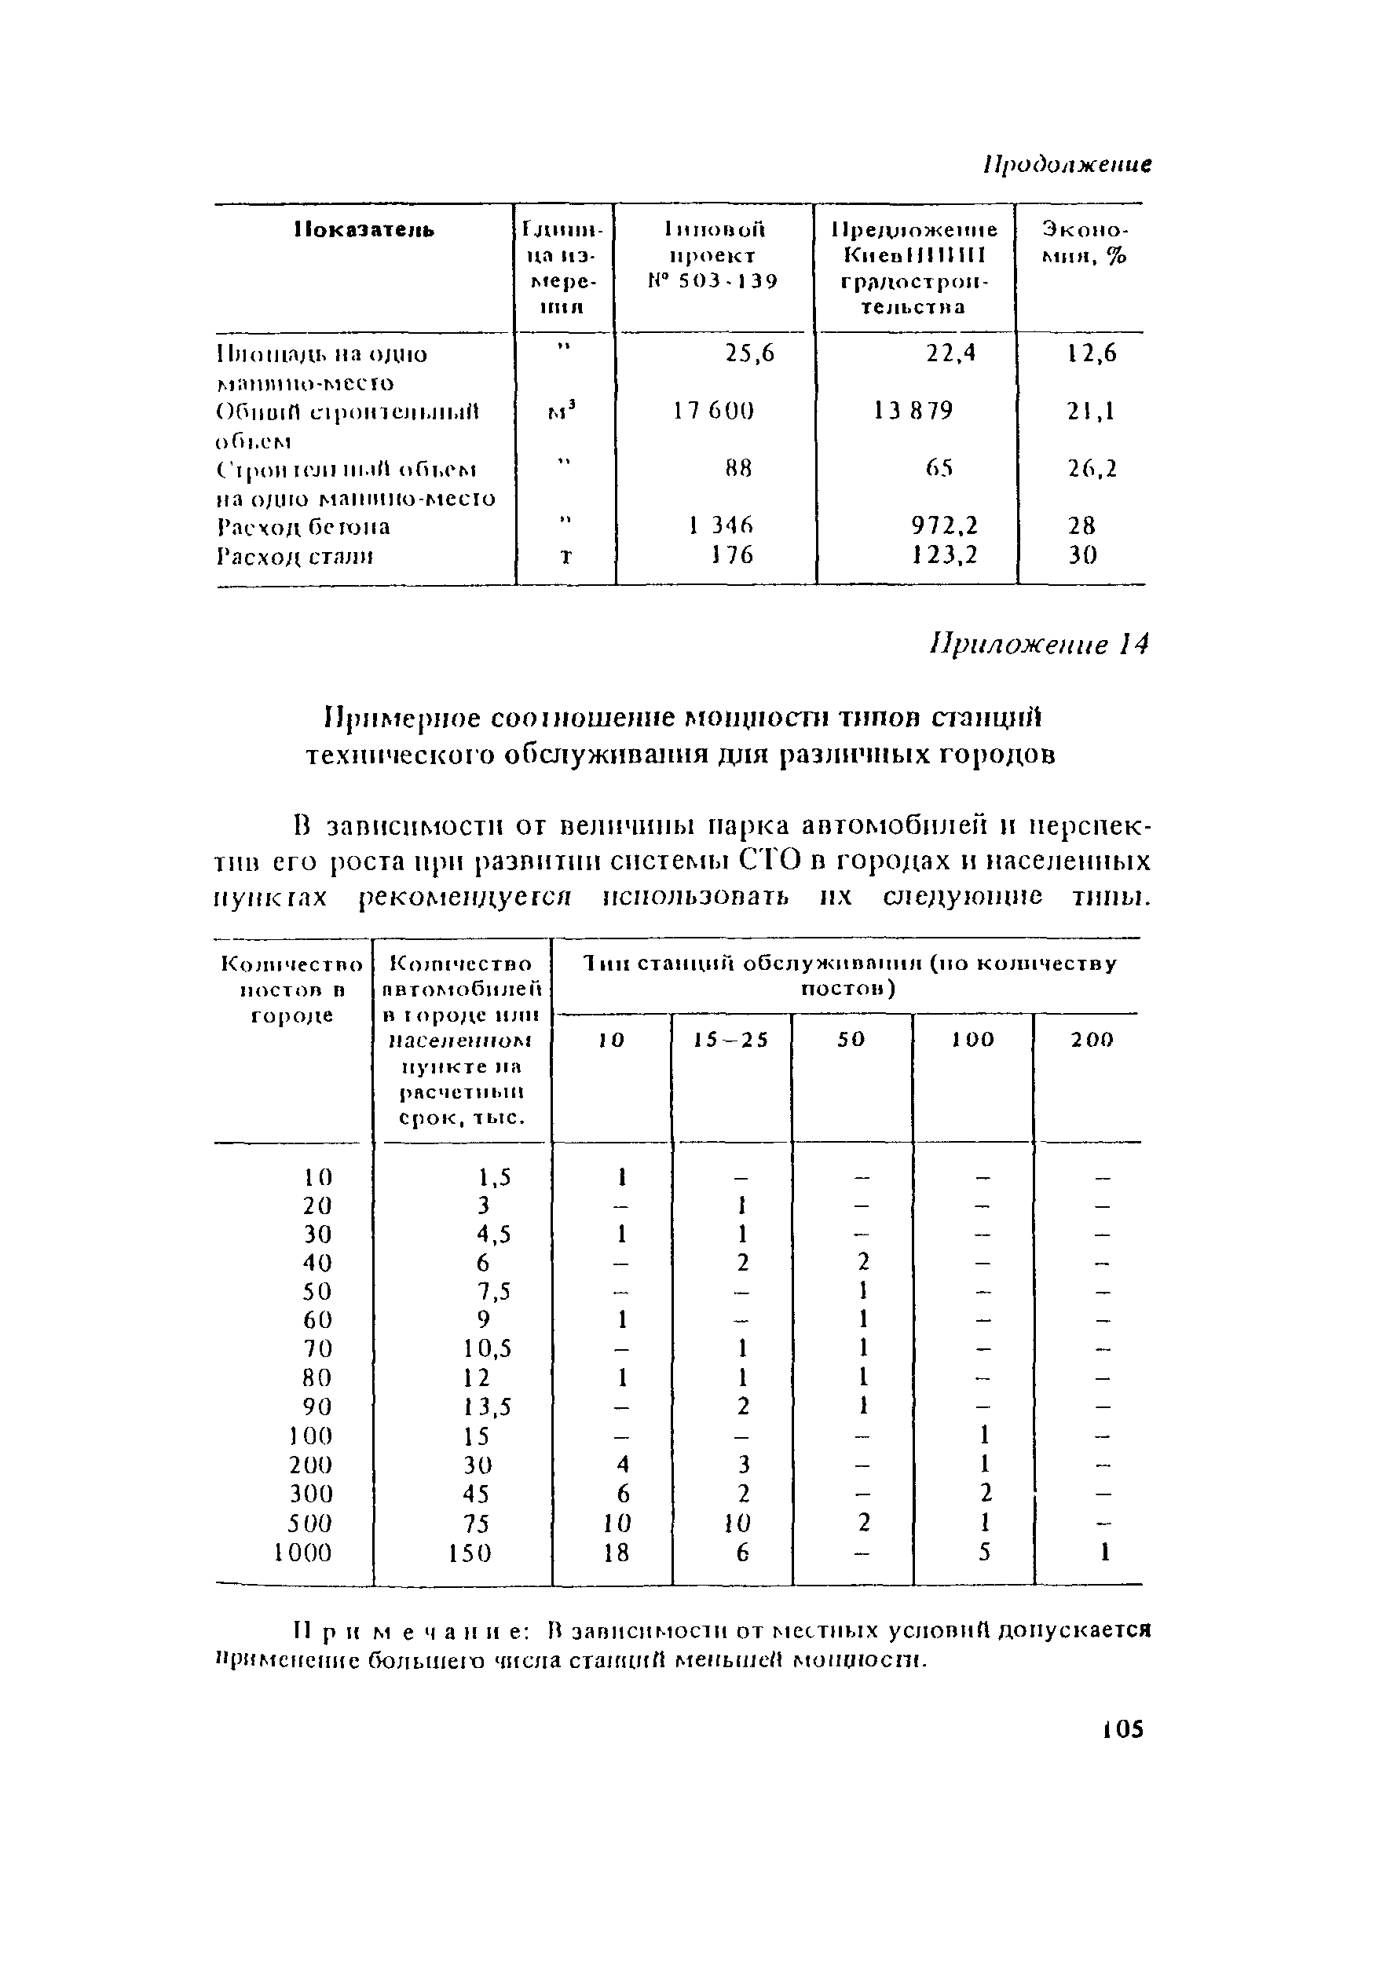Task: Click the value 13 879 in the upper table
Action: pyautogui.click(x=913, y=412)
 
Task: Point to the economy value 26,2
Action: pyautogui.click(x=1092, y=469)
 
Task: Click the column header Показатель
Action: pyautogui.click(x=364, y=231)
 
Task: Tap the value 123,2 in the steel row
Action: pyautogui.click(x=945, y=555)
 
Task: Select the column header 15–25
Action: pyautogui.click(x=731, y=1040)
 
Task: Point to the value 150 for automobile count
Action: pyautogui.click(x=470, y=1553)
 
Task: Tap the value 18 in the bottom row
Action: pyautogui.click(x=616, y=1553)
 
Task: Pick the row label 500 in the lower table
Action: pyautogui.click(x=309, y=1524)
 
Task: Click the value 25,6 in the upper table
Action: pyautogui.click(x=750, y=354)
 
